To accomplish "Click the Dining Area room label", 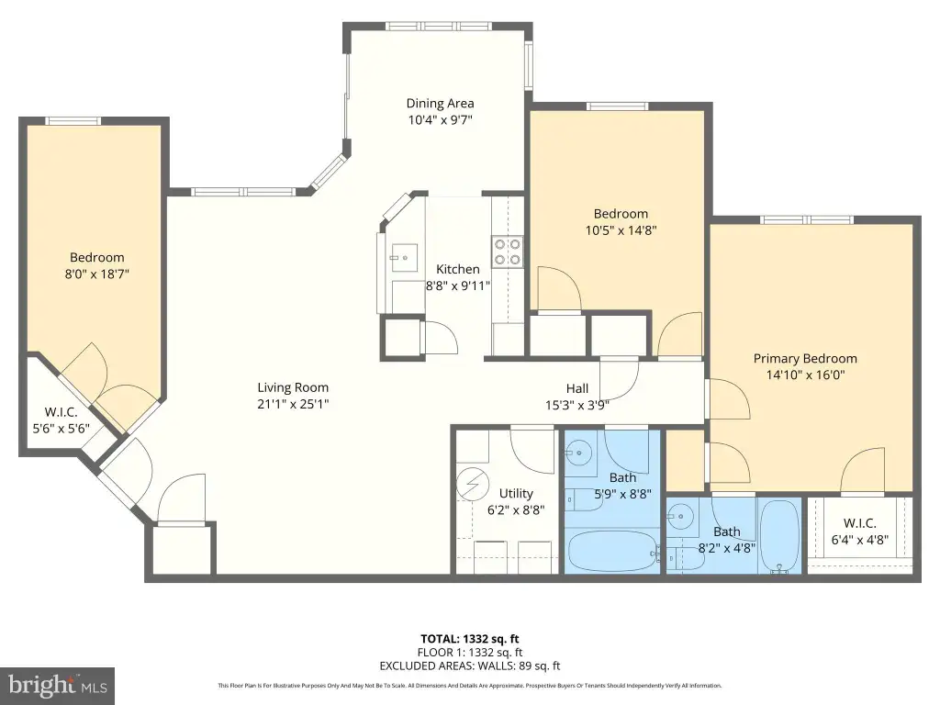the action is [x=440, y=103].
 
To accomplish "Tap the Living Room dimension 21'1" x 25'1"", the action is [x=293, y=404].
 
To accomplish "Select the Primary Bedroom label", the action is [x=805, y=359].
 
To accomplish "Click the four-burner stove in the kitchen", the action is [x=507, y=252].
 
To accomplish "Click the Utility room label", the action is [x=516, y=493].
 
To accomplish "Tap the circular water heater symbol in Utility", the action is [x=473, y=484].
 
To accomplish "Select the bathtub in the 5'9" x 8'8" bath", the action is [x=612, y=551].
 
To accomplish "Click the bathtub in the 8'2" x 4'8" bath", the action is [x=779, y=535].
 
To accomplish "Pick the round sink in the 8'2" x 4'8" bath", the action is [x=681, y=516].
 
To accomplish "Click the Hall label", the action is [x=577, y=388].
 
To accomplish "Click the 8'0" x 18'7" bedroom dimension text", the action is [x=97, y=274].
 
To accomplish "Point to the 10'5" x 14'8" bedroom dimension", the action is [x=621, y=230].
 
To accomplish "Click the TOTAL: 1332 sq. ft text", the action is [x=470, y=639].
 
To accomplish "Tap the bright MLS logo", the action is [x=58, y=685].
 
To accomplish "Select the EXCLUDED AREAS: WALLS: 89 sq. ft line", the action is [x=470, y=666].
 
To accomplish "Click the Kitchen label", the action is [x=458, y=269].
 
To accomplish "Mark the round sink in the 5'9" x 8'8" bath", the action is [x=579, y=453].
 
